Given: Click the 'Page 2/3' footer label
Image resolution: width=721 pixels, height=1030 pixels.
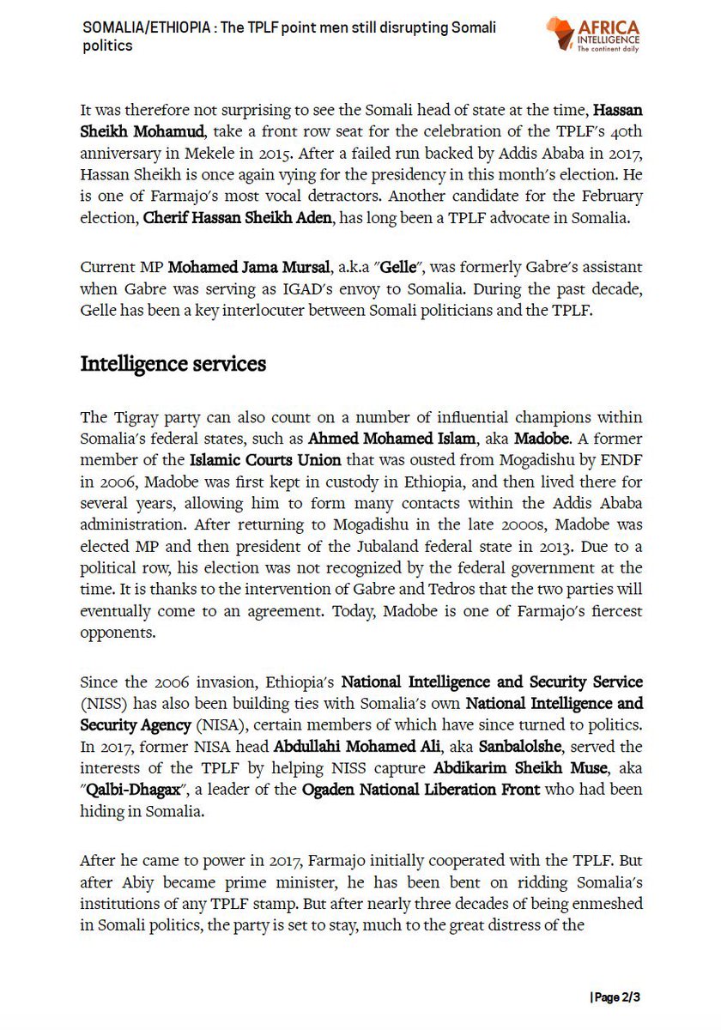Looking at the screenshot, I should [615, 997].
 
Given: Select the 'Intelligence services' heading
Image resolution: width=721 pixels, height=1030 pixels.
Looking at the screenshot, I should [173, 364].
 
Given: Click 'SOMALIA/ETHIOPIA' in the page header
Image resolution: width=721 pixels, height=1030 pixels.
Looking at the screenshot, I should [147, 27].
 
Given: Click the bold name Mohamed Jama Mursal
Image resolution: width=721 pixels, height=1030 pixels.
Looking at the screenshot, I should [239, 269].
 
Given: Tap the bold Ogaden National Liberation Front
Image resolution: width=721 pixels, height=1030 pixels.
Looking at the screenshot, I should [421, 789].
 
